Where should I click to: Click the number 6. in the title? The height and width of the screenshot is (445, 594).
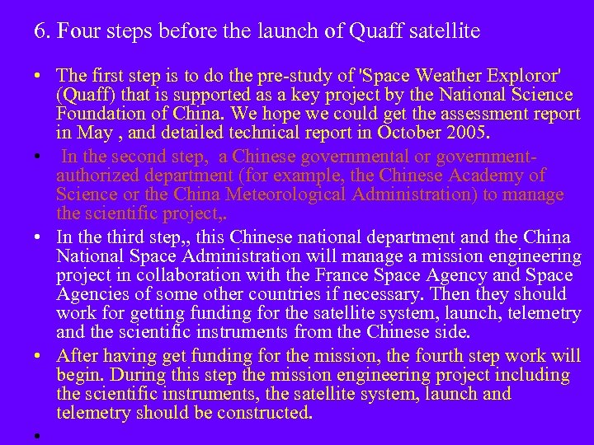(43, 32)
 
